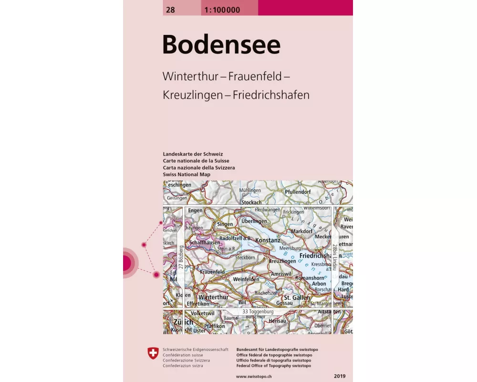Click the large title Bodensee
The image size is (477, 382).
[221, 45]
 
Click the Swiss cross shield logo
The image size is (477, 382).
[152, 354]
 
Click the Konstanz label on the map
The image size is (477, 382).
[268, 240]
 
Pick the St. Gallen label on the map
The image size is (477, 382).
[297, 297]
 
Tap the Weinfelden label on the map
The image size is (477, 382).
[246, 279]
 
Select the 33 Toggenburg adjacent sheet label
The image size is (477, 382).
[258, 311]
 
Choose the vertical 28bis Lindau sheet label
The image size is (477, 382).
[335, 258]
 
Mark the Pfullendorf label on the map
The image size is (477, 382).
[298, 192]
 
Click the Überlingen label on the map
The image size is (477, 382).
[254, 222]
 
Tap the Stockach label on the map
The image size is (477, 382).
[251, 202]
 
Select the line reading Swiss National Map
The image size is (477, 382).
[187, 174]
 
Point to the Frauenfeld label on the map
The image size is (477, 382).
[212, 272]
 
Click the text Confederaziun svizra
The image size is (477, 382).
[183, 365]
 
